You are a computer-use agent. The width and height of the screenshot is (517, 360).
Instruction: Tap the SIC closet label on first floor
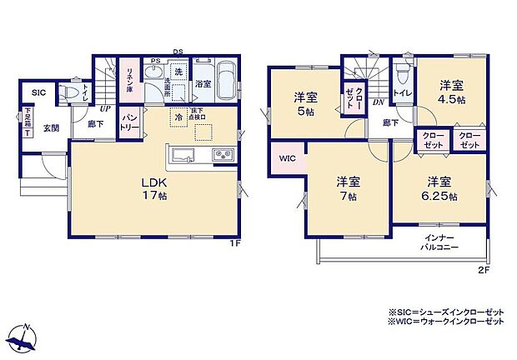coord(38,93)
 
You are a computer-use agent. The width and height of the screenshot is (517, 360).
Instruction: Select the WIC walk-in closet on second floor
coord(288,157)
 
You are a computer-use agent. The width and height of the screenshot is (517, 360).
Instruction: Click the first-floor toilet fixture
coord(73,92)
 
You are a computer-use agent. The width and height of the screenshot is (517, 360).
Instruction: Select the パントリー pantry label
coord(130,126)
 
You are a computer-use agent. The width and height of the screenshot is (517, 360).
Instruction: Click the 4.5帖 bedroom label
coord(452,91)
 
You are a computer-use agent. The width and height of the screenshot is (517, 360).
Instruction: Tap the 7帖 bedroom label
coord(349,189)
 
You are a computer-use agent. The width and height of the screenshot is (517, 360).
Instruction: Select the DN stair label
coord(379,102)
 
